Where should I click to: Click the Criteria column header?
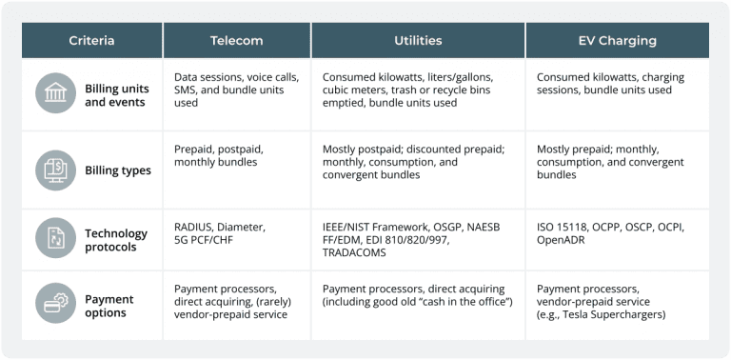pyautogui.click(x=91, y=41)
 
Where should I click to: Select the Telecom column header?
pyautogui.click(x=236, y=41)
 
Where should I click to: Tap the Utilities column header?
pyautogui.click(x=418, y=41)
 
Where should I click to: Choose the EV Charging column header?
pyautogui.click(x=617, y=41)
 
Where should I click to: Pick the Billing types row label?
pyautogui.click(x=117, y=170)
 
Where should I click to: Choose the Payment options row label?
pyautogui.click(x=109, y=306)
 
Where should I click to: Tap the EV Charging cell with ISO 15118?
pyautogui.click(x=611, y=233)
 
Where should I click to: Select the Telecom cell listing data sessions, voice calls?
pyautogui.click(x=234, y=90)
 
